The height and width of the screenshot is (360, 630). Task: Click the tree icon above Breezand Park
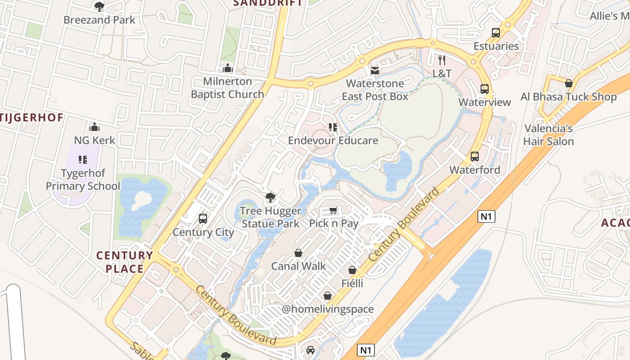click(x=99, y=6)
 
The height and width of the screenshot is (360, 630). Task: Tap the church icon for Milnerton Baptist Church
click(x=228, y=68)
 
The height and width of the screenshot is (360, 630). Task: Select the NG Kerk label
click(x=94, y=140)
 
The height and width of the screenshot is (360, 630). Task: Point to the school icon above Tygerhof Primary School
click(x=83, y=159)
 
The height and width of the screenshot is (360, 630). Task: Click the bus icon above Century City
click(x=203, y=219)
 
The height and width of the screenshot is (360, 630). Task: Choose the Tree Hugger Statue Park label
click(x=270, y=217)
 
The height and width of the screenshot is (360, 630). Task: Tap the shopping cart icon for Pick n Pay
click(x=333, y=211)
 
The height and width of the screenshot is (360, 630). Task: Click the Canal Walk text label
click(x=298, y=266)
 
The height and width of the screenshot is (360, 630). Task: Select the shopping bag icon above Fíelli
click(x=352, y=270)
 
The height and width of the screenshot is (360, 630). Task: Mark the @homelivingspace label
click(x=328, y=309)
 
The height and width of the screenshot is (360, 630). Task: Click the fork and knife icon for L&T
click(x=442, y=60)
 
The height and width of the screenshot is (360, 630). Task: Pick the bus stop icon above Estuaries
click(x=496, y=32)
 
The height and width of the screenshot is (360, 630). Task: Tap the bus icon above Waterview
click(x=485, y=89)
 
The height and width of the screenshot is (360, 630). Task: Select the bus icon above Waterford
click(x=475, y=157)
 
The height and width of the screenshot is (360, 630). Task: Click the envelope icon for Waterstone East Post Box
click(x=374, y=71)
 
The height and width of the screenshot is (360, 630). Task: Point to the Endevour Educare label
click(x=333, y=140)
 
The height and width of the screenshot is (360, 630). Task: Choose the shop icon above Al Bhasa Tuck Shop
click(x=569, y=83)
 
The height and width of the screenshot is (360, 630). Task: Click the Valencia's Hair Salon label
click(x=548, y=135)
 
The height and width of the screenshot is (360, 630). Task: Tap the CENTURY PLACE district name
click(x=125, y=262)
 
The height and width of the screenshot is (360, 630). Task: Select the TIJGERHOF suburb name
click(x=31, y=117)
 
